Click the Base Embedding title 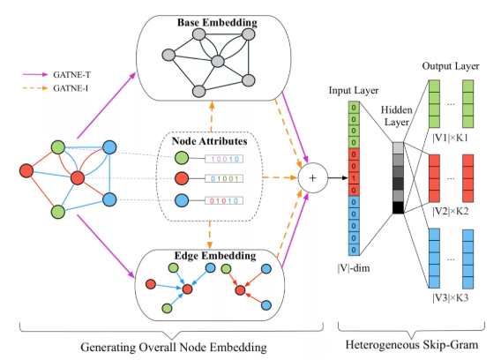pyautogui.click(x=217, y=22)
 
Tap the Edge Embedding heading pyautogui.click(x=215, y=256)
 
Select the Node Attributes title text pyautogui.click(x=209, y=141)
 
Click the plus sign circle pyautogui.click(x=313, y=178)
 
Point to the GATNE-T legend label pyautogui.click(x=72, y=75)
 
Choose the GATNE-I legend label pyautogui.click(x=71, y=88)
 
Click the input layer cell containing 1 pyautogui.click(x=354, y=178)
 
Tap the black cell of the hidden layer pyautogui.click(x=398, y=207)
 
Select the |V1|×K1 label pyautogui.click(x=450, y=138)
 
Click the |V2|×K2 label pyautogui.click(x=450, y=212)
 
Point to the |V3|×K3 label pyautogui.click(x=450, y=297)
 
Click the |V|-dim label pyautogui.click(x=354, y=268)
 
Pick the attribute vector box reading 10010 pyautogui.click(x=224, y=159)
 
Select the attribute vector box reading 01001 pyautogui.click(x=224, y=178)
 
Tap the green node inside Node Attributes pyautogui.click(x=182, y=158)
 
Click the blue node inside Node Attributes pyautogui.click(x=182, y=200)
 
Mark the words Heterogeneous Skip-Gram pyautogui.click(x=412, y=345)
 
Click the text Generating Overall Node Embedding pyautogui.click(x=174, y=348)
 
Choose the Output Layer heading pyautogui.click(x=451, y=66)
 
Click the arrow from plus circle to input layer pyautogui.click(x=338, y=178)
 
